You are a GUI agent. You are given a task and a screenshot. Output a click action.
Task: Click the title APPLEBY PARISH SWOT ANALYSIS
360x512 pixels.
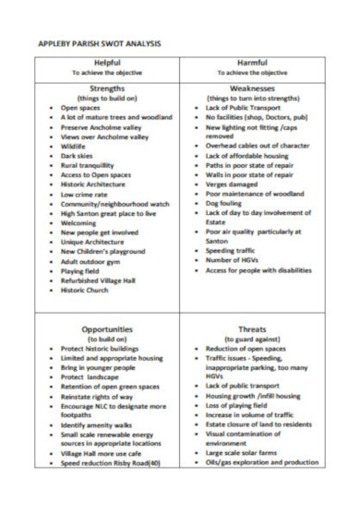tap(99, 43)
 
